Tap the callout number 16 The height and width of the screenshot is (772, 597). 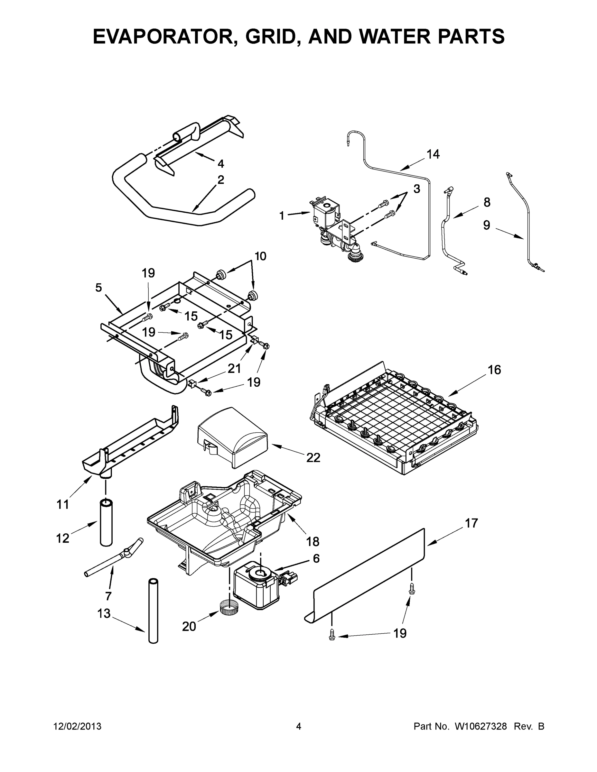click(x=494, y=370)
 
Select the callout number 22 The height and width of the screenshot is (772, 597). click(x=313, y=458)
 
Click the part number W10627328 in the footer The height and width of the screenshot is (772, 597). click(x=480, y=727)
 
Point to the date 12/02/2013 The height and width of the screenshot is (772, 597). click(x=78, y=727)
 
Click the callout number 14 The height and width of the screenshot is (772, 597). click(x=433, y=154)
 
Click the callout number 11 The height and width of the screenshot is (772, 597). click(x=63, y=505)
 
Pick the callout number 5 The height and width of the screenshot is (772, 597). click(x=98, y=288)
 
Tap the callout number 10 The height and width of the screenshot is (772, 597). click(x=260, y=256)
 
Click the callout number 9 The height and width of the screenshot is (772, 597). click(x=487, y=225)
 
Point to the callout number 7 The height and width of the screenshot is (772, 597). click(x=108, y=596)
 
